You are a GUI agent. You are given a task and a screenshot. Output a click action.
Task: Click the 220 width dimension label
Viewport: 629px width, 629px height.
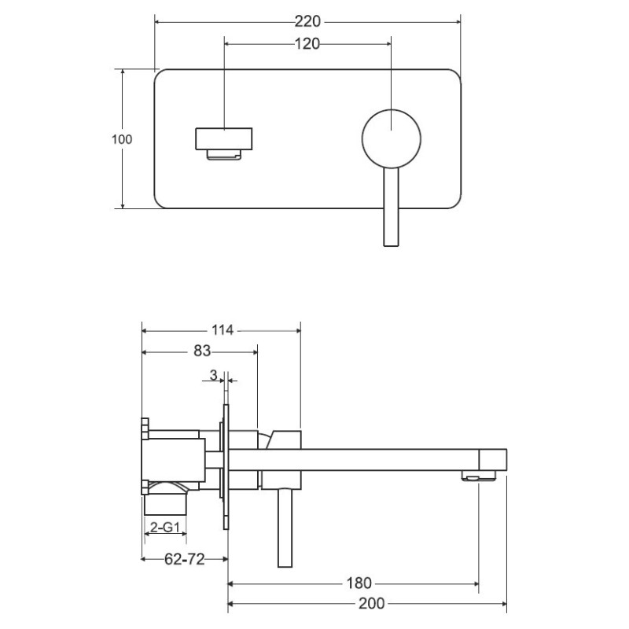tap(307, 21)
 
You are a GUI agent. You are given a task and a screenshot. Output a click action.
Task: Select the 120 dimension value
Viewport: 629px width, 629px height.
tap(307, 44)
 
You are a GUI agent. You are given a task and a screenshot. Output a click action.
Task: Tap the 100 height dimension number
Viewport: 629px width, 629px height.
tap(122, 139)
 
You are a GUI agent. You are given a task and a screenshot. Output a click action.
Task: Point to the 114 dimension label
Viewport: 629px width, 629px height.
tap(223, 330)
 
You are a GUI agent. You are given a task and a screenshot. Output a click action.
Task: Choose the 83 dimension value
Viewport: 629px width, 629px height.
tap(202, 351)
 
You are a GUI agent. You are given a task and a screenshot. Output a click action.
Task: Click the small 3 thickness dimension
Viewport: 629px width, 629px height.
tap(213, 375)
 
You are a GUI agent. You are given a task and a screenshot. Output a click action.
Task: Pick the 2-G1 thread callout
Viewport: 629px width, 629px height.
tap(165, 527)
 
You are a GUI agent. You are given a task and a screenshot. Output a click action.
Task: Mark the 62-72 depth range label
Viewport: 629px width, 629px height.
tap(185, 559)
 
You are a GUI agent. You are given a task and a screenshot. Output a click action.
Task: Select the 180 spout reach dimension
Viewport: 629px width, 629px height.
tap(359, 583)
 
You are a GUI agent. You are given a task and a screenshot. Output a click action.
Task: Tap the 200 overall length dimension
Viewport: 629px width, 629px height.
tap(372, 603)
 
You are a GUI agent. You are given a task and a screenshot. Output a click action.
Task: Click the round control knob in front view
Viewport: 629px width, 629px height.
tap(391, 138)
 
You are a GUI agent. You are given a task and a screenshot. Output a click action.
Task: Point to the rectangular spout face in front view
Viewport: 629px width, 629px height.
tap(224, 139)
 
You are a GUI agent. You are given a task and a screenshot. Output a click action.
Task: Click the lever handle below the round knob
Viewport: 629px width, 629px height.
tap(391, 207)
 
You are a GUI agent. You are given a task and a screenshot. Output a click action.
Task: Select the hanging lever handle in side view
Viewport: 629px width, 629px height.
tap(285, 528)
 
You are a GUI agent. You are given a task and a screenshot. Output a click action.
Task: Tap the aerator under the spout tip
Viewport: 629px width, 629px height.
tap(479, 476)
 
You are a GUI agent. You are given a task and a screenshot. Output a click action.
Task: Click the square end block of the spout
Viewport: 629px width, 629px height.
tap(493, 460)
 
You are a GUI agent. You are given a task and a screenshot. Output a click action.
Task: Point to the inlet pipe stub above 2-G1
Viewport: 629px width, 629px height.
tap(165, 504)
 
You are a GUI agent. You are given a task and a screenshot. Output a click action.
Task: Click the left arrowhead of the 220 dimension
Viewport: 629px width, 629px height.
tap(157, 22)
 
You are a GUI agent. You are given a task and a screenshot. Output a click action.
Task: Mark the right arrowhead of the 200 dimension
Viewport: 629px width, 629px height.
tap(504, 603)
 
